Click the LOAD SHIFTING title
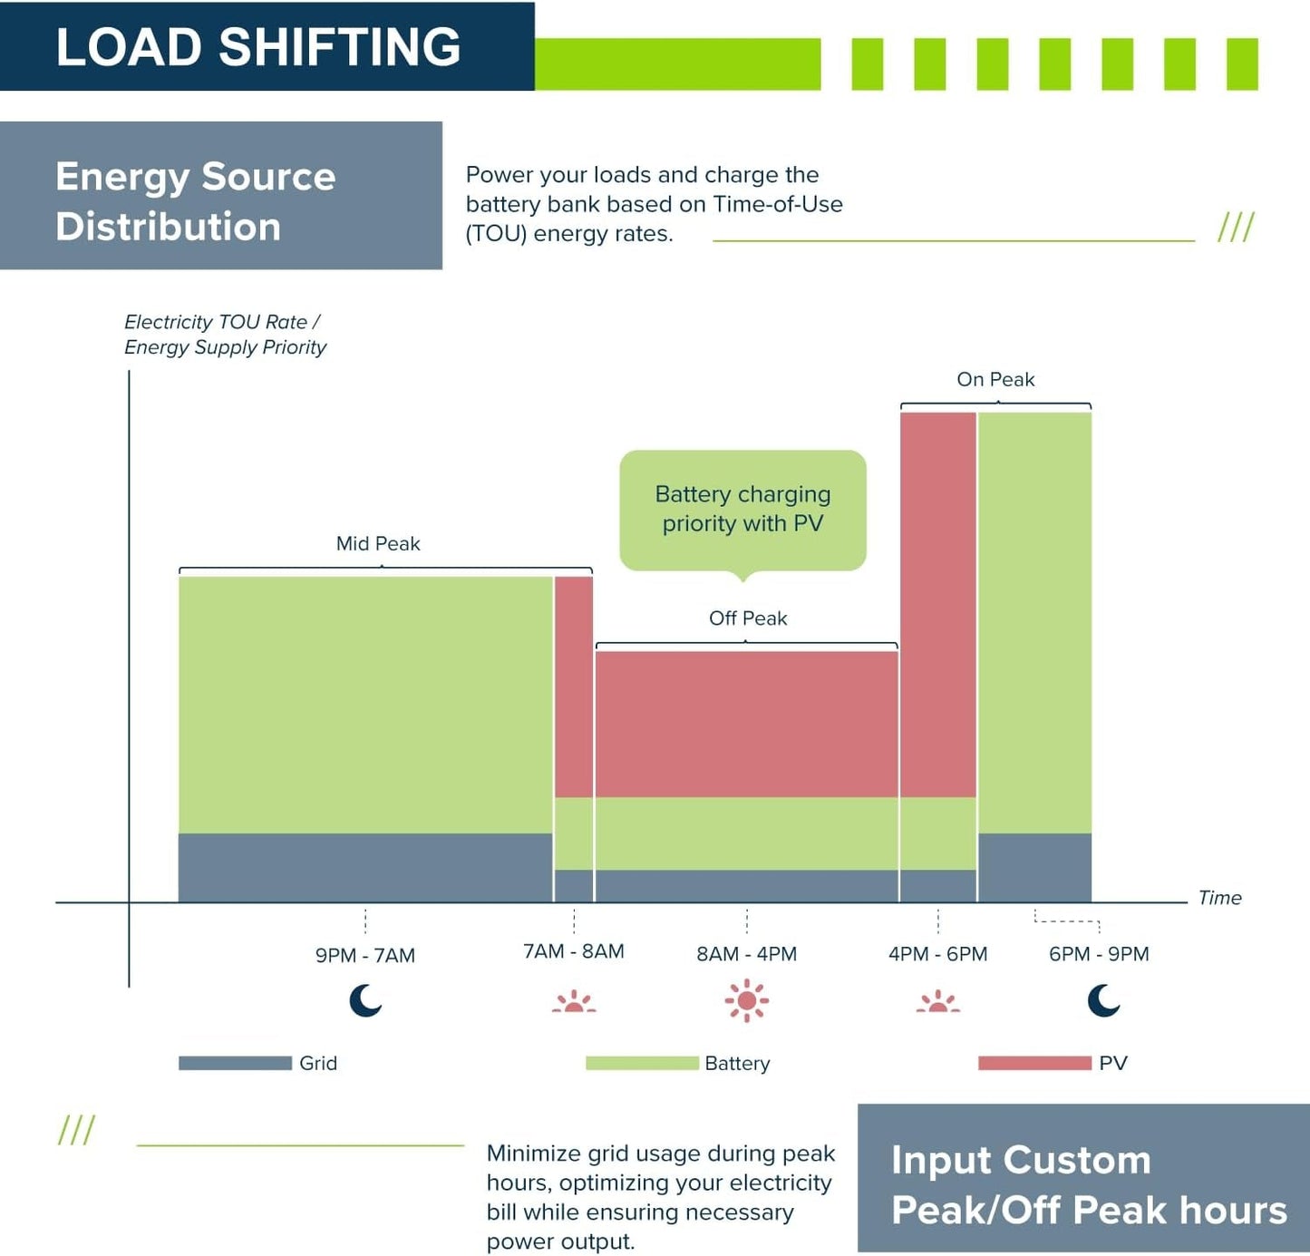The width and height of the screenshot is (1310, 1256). click(257, 47)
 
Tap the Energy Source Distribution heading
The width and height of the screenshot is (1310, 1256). click(195, 200)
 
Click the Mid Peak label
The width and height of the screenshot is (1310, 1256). click(378, 543)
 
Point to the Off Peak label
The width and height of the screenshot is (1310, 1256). click(748, 618)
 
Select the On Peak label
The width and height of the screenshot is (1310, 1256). click(995, 379)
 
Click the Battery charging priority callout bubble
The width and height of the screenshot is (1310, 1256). click(742, 511)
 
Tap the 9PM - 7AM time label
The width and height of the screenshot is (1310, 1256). click(364, 955)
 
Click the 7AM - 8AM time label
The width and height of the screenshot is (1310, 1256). click(574, 951)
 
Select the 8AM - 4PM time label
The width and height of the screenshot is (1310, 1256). click(746, 954)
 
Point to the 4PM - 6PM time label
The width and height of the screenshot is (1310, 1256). click(937, 954)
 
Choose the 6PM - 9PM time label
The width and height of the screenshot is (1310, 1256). click(1099, 954)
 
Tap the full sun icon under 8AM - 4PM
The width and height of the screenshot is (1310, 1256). click(746, 1001)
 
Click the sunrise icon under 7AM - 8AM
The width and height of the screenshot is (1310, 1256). click(574, 1001)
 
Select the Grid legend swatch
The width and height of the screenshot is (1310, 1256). click(235, 1063)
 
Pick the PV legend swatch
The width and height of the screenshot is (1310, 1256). click(1034, 1063)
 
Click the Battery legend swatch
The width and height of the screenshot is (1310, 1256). click(642, 1063)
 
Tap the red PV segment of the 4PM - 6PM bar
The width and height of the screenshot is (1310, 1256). click(937, 605)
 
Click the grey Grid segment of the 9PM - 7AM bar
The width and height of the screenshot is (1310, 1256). click(365, 868)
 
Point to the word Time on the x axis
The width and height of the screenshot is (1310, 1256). click(1219, 898)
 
